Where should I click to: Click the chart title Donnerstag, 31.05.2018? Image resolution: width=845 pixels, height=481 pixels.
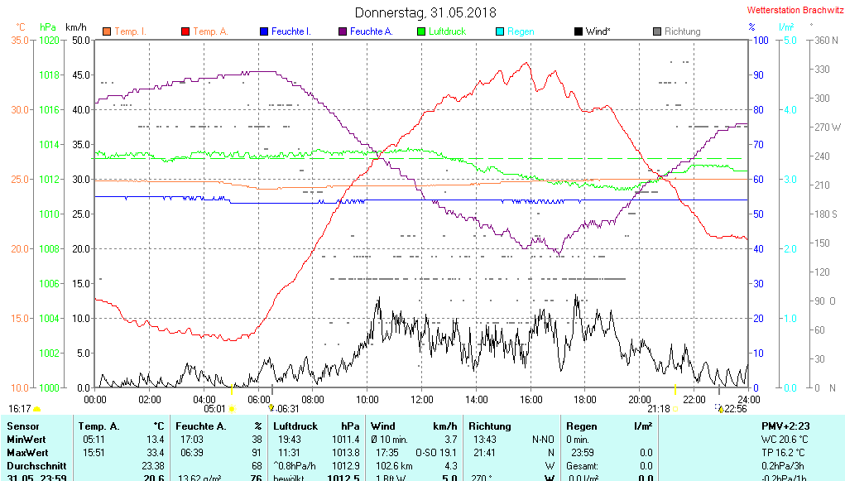tap(425, 12)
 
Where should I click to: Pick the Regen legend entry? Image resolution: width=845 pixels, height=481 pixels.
tap(521, 31)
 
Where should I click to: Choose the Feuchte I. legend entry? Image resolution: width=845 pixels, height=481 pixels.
tap(290, 31)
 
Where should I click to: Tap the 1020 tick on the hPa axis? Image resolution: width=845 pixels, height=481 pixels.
tap(50, 40)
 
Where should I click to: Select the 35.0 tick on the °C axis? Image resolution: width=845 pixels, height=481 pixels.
tap(20, 40)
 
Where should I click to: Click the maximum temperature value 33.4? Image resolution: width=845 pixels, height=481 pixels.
tap(155, 453)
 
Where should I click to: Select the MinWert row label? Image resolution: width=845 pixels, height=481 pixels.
tap(26, 439)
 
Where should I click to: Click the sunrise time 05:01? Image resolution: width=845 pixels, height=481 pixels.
tap(214, 408)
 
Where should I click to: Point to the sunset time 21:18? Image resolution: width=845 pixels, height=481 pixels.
tap(658, 408)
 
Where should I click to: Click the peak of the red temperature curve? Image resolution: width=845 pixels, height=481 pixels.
tap(526, 62)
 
